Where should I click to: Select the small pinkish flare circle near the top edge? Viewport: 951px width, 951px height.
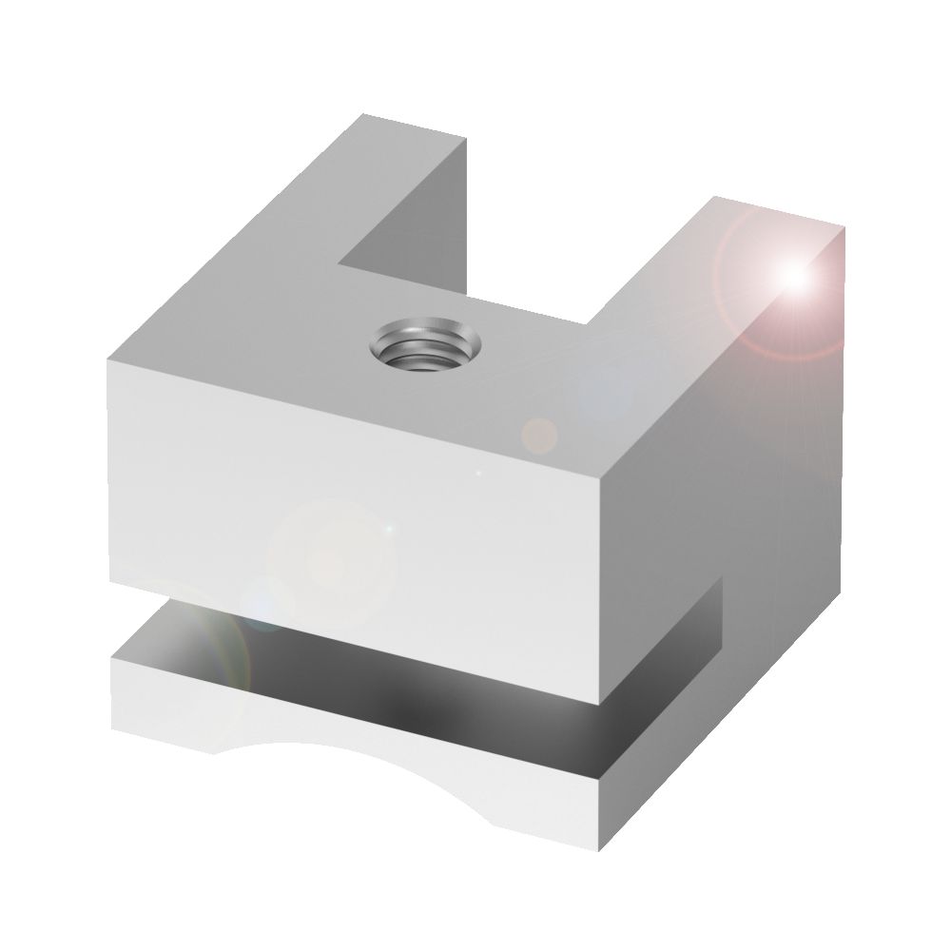click(x=541, y=434)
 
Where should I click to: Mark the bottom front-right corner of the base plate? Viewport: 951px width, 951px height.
click(x=598, y=846)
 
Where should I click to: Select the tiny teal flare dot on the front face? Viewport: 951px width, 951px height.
click(x=386, y=527)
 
